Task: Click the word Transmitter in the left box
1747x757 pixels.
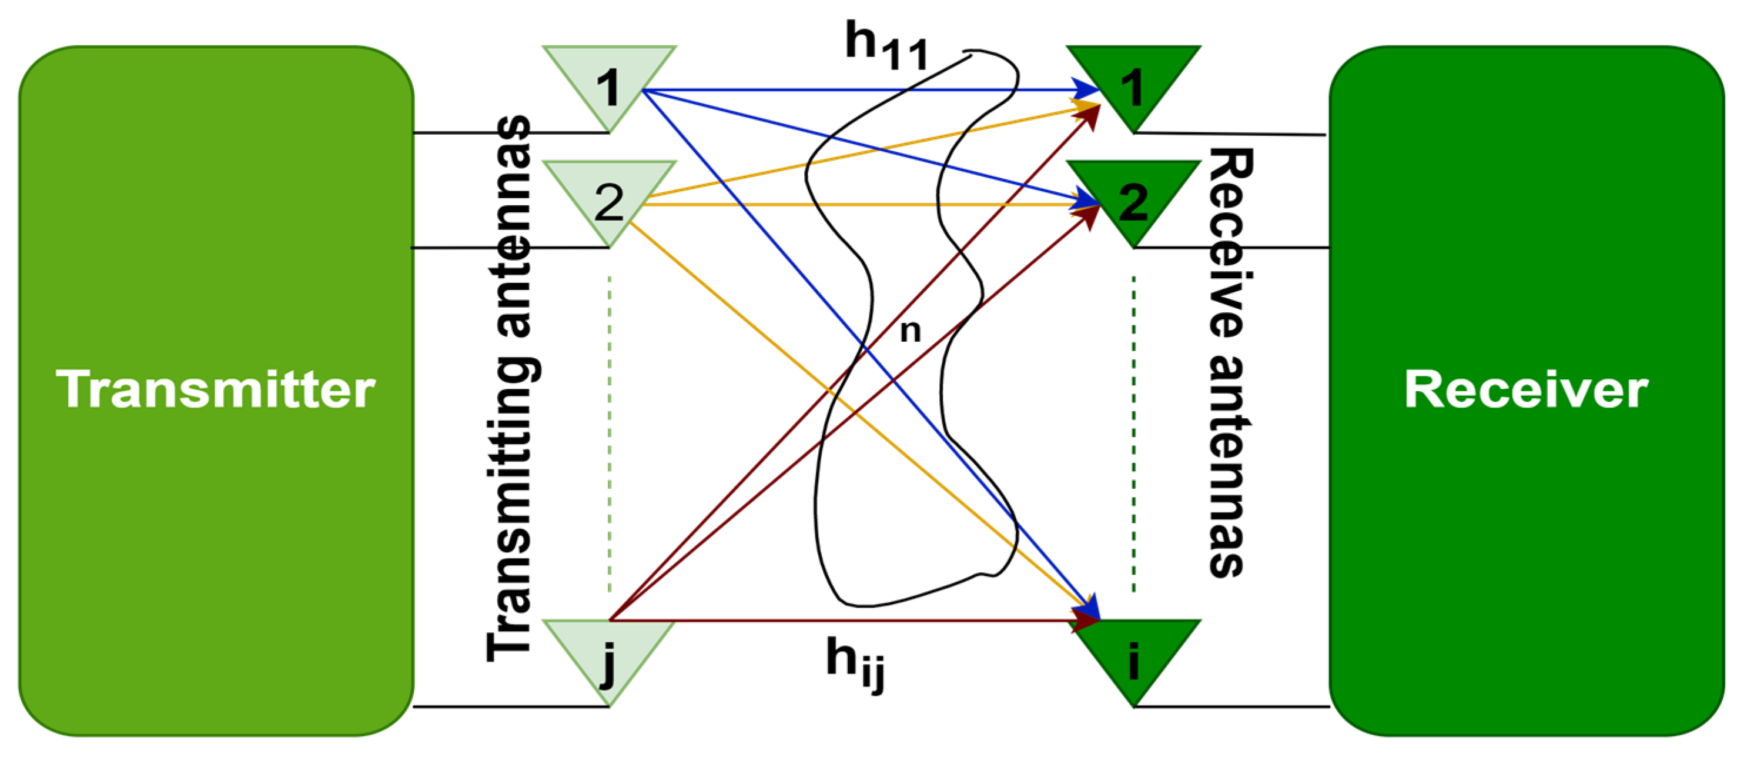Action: pyautogui.click(x=216, y=389)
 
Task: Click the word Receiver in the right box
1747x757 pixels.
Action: pyautogui.click(x=1525, y=389)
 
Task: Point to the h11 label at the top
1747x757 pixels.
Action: pyautogui.click(x=886, y=46)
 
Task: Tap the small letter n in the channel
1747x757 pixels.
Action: pyautogui.click(x=910, y=331)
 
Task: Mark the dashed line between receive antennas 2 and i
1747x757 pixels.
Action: pyautogui.click(x=1133, y=434)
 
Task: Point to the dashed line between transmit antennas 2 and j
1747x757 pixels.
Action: pyautogui.click(x=610, y=434)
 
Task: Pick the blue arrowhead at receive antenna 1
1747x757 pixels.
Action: pyautogui.click(x=1085, y=89)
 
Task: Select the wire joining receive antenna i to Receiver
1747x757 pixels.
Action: pyautogui.click(x=1231, y=707)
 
